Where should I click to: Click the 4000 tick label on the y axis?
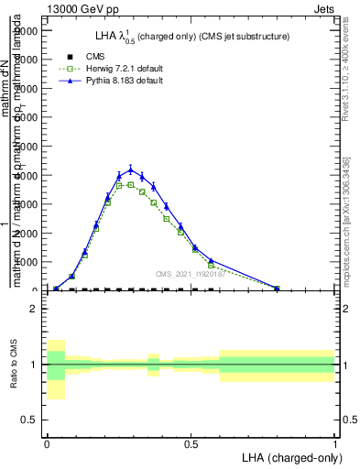pyautogui.click(x=26, y=175)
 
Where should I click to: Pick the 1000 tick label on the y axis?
pyautogui.click(x=26, y=262)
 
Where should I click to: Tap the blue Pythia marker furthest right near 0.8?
pyautogui.click(x=277, y=288)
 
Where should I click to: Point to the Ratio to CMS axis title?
pyautogui.click(x=14, y=365)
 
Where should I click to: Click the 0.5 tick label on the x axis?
pyautogui.click(x=191, y=442)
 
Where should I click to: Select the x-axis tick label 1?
pyautogui.click(x=335, y=442)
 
